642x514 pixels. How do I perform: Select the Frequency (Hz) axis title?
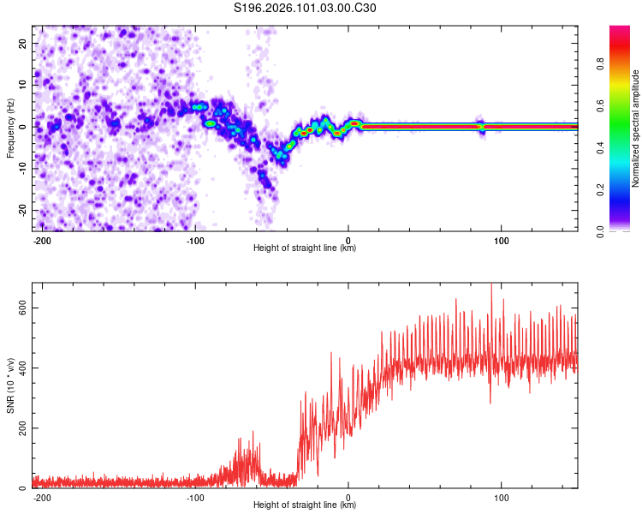coord(9,127)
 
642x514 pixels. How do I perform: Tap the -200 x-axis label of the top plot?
coord(42,240)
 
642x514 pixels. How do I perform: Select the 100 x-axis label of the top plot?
coord(502,240)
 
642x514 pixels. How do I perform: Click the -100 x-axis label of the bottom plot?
coord(195,497)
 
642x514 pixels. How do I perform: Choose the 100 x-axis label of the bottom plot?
coord(502,497)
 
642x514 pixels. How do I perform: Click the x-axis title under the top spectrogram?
coord(305,248)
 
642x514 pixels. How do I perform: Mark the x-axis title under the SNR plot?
coord(305,505)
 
